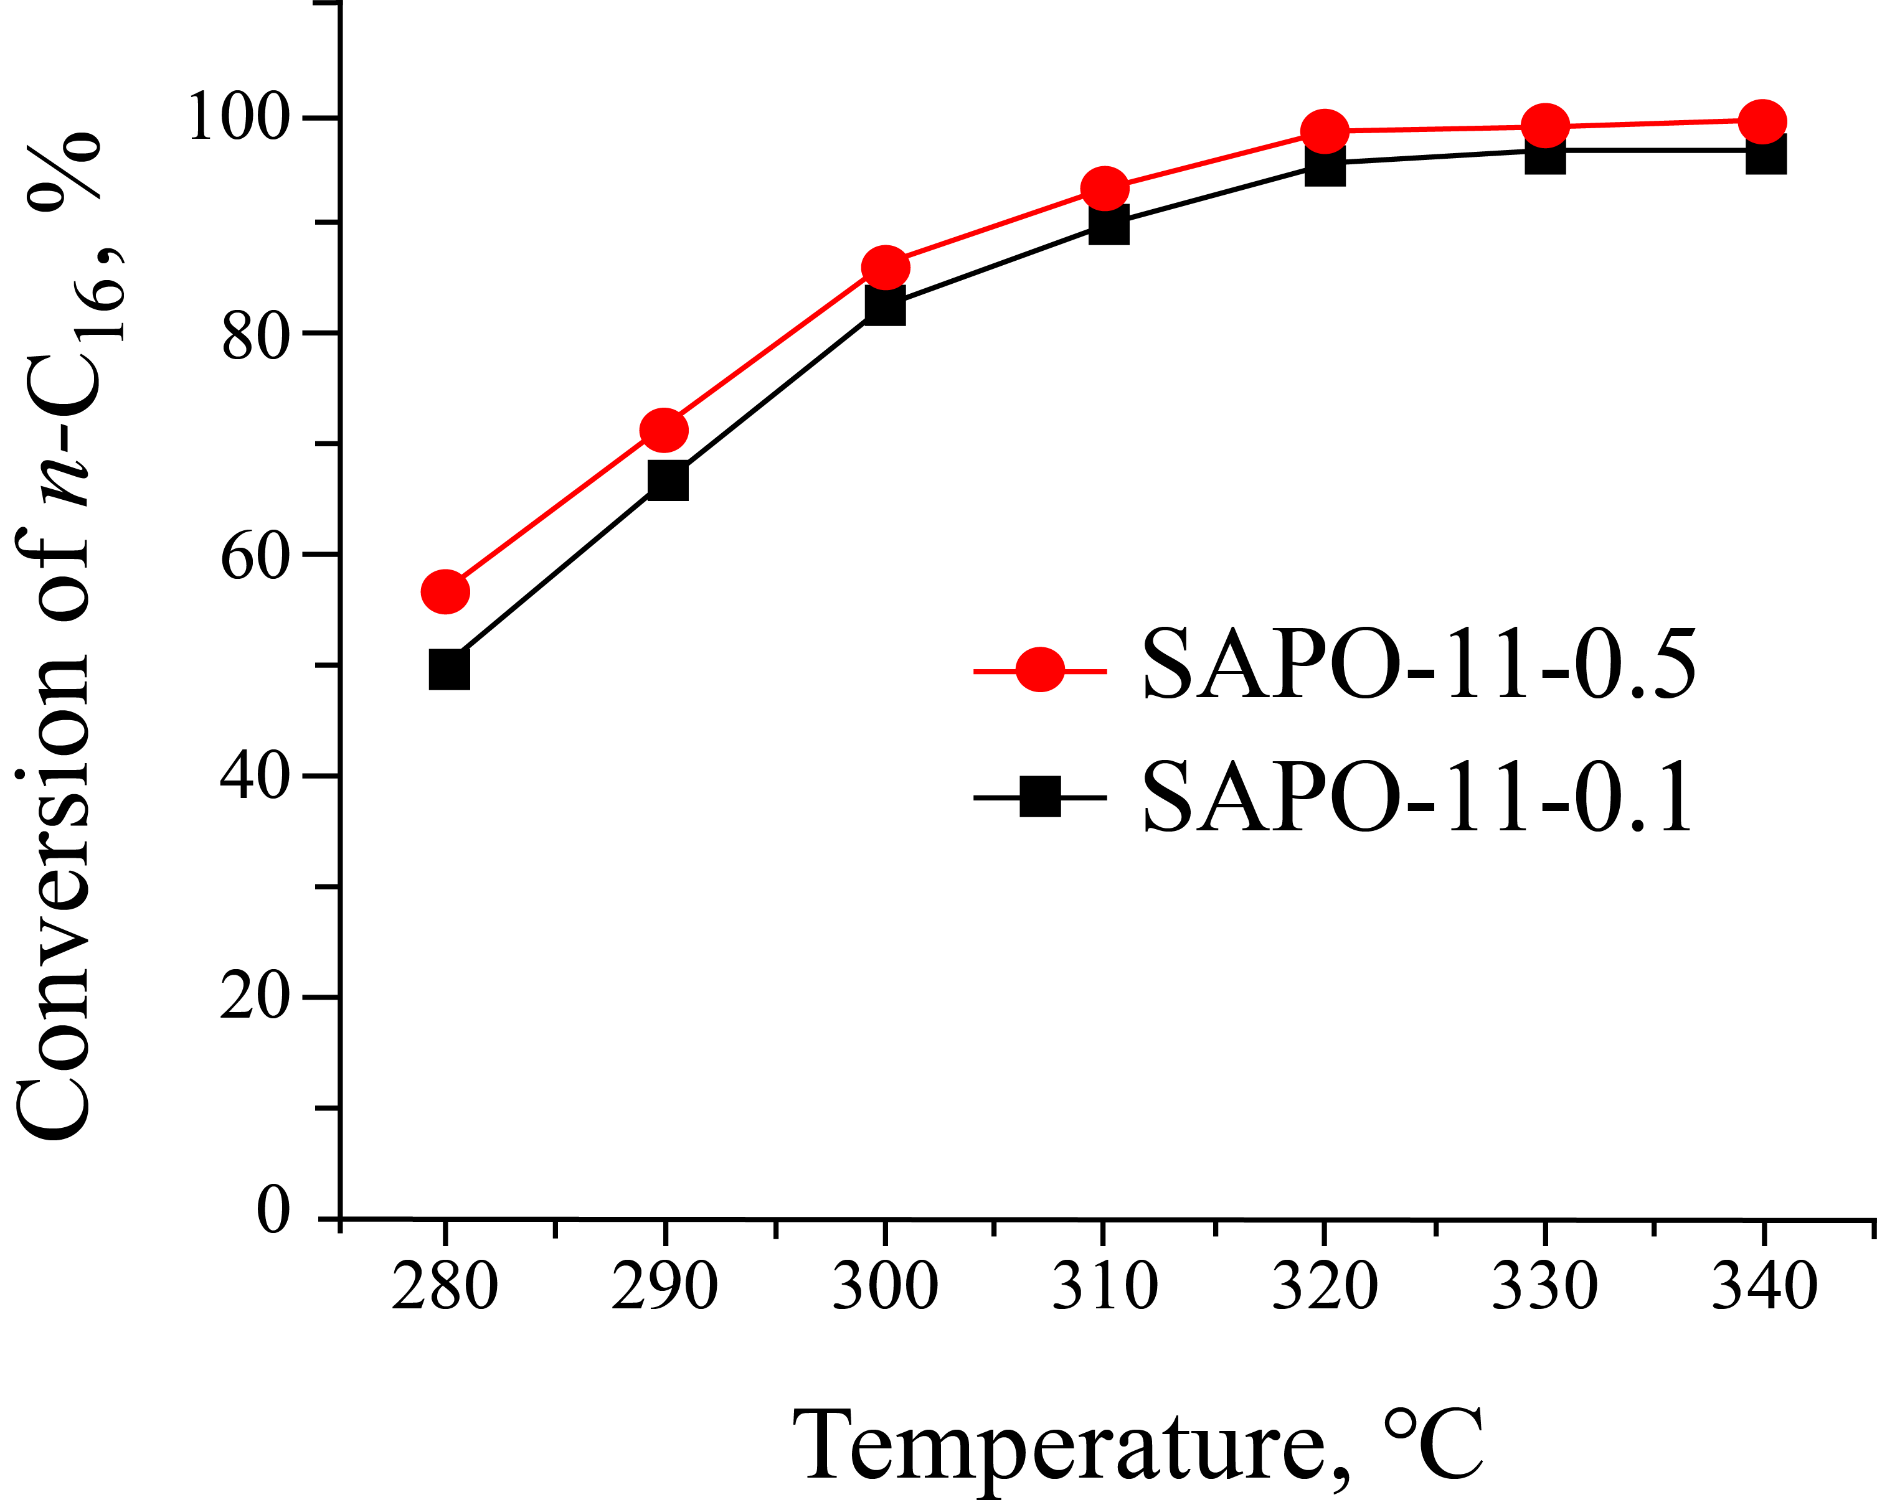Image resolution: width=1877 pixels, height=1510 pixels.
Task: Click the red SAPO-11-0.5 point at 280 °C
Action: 445,592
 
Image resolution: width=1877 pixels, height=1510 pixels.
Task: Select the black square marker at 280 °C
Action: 449,669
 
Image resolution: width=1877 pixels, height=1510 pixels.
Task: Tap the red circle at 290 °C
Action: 663,430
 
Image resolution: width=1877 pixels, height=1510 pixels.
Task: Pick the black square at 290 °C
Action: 668,481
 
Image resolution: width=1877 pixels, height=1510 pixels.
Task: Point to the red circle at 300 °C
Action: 886,267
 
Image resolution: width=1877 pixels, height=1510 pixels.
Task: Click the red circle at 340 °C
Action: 1762,122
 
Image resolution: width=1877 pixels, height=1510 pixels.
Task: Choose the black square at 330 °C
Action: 1545,155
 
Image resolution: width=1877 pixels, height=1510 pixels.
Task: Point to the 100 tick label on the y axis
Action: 237,118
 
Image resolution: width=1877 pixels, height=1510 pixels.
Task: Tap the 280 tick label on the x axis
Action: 445,1287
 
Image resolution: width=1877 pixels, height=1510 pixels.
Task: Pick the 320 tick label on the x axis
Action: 1324,1287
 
